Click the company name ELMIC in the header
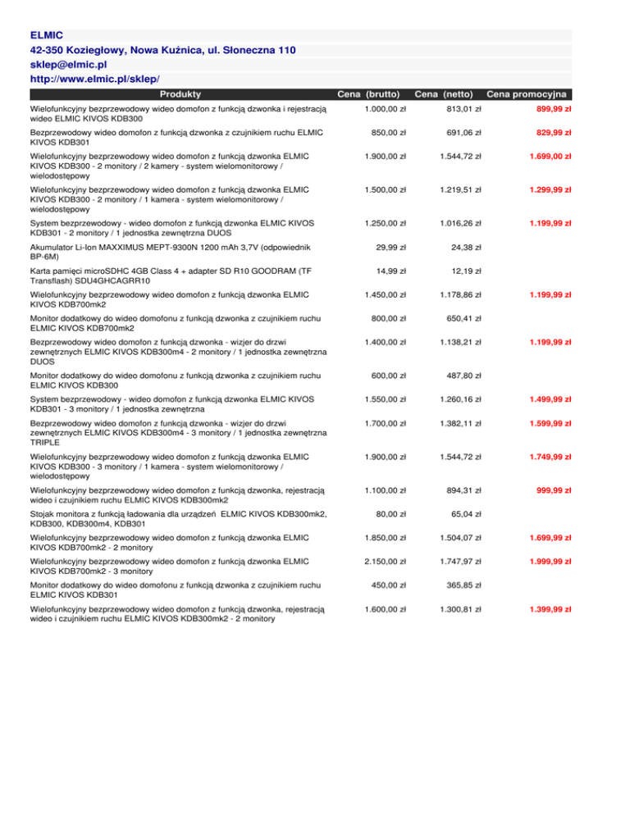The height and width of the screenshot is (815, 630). click(x=46, y=35)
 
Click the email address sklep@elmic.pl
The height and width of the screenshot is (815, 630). click(x=68, y=64)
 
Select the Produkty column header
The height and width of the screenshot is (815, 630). click(x=180, y=95)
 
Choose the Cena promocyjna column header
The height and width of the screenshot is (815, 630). click(x=528, y=95)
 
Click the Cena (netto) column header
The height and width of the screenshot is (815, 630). click(x=448, y=95)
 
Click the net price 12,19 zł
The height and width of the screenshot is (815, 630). click(x=465, y=271)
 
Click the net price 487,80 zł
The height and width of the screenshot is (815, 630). click(x=462, y=376)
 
